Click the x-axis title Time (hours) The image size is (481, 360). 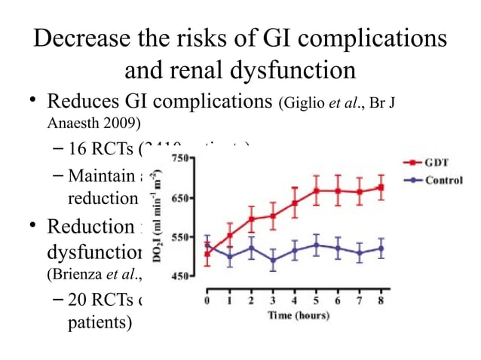(295, 315)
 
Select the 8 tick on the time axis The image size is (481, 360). (382, 301)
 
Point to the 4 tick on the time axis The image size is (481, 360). (295, 301)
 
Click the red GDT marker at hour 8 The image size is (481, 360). (381, 187)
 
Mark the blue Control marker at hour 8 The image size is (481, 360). (381, 249)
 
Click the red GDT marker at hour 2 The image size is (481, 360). (251, 219)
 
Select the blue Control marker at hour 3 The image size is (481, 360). (273, 260)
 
